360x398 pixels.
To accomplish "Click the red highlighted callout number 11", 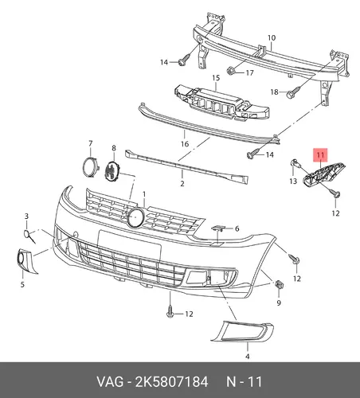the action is coord(321,154).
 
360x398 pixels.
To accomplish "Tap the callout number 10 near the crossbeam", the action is coord(272,38).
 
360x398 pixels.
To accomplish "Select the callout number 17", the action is coord(249,72).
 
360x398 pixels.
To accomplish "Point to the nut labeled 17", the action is coord(231,71).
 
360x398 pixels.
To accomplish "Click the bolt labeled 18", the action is coord(293,92).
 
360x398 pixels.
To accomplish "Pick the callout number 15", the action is coord(216,78).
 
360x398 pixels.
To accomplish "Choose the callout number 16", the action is coord(185,144).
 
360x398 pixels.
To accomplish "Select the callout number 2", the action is coord(182,183).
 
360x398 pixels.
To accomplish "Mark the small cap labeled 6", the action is coord(218,228).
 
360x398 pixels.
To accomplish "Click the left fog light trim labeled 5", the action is coord(25,260).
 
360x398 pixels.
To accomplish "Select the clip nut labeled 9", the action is coord(279,285).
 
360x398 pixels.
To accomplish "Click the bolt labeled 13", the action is coord(296,163).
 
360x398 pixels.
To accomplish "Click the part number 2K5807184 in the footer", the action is coord(172,382).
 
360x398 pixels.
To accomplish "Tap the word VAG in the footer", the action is coord(110,382).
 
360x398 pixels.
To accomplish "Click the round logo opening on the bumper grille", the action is coord(135,217).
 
